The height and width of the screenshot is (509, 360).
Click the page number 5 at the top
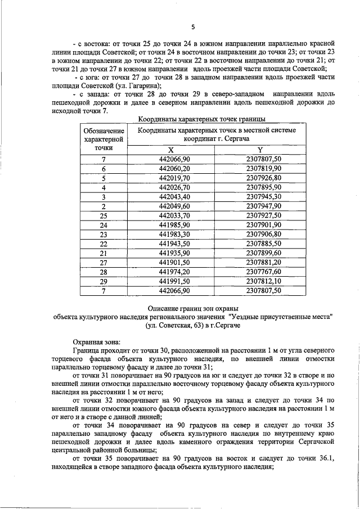(x=192, y=26)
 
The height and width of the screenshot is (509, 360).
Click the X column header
(x=172, y=150)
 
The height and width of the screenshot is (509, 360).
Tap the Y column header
(x=260, y=150)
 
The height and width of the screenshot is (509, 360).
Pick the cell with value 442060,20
(x=175, y=169)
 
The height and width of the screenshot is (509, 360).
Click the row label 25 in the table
(x=103, y=215)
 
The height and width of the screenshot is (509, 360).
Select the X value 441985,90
(x=175, y=225)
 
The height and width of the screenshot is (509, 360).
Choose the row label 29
(x=103, y=281)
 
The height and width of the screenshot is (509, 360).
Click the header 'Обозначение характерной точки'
(x=103, y=139)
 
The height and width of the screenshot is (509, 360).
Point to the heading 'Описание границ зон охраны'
(x=193, y=308)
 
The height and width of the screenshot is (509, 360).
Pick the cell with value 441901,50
(x=175, y=262)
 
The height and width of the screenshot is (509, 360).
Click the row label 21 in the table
(x=103, y=253)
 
